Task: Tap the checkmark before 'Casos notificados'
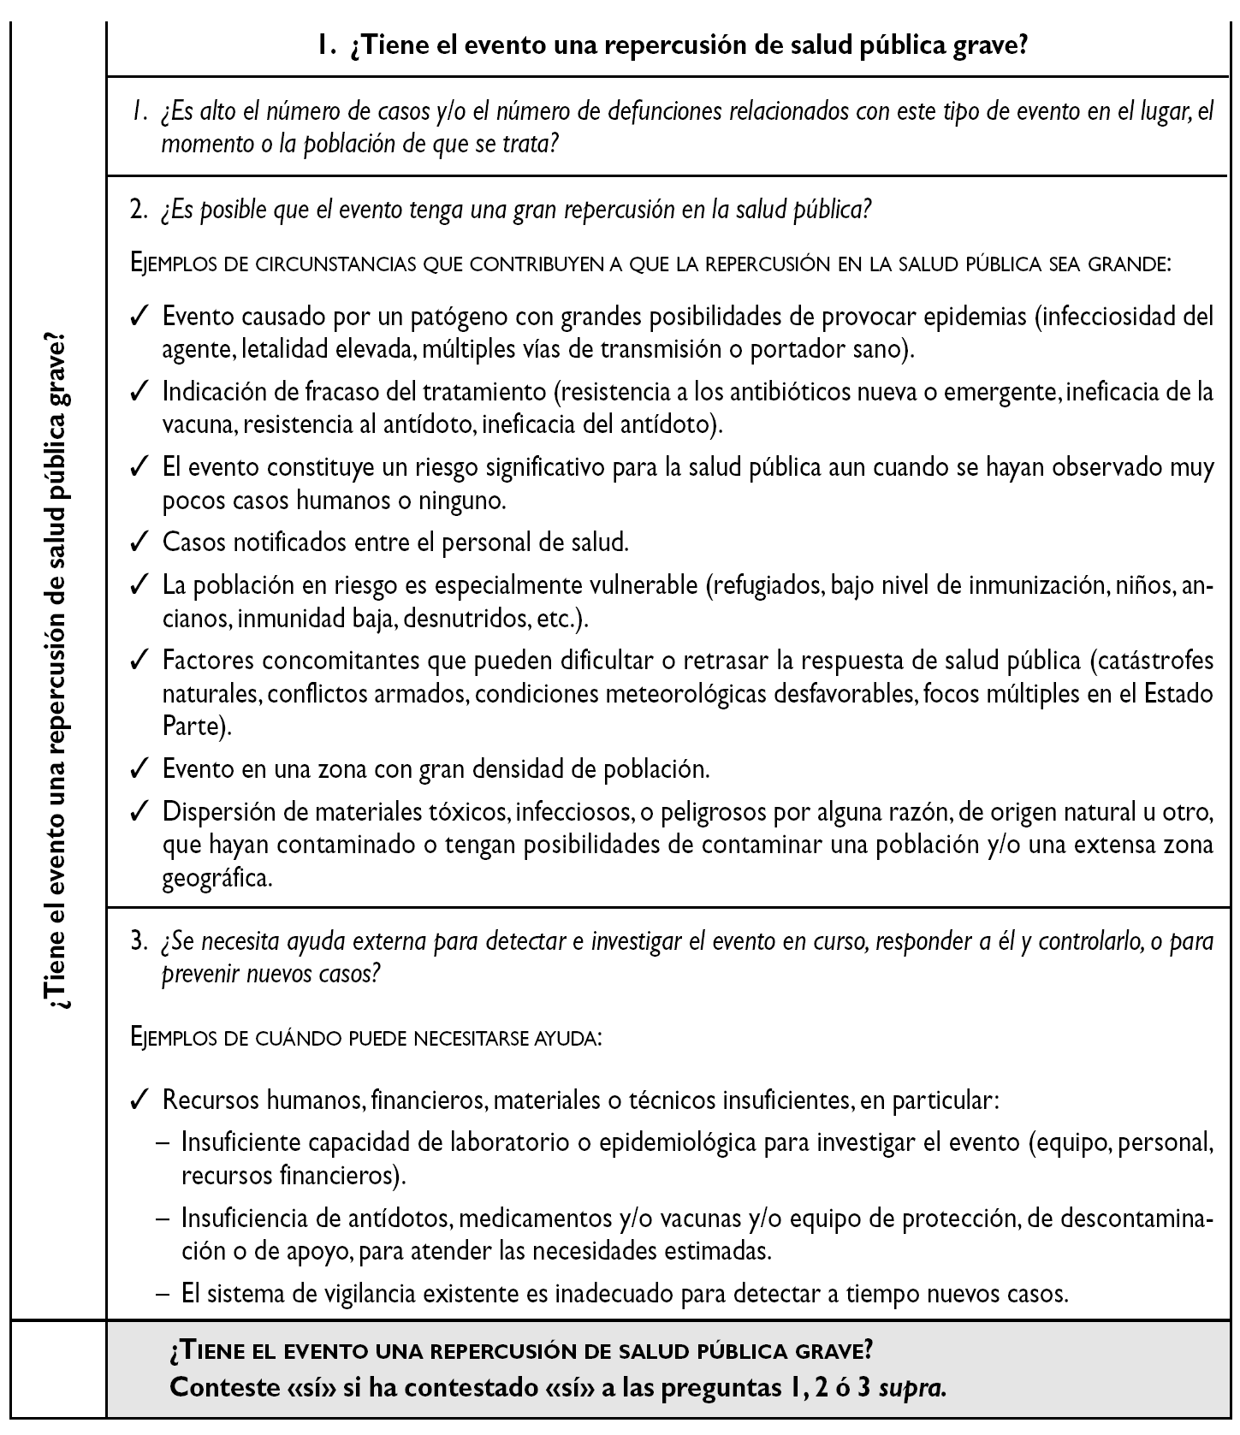[x=140, y=543]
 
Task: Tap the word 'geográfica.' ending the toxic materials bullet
[x=217, y=878]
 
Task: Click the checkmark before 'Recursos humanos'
[x=140, y=1100]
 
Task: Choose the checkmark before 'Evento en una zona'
[x=140, y=768]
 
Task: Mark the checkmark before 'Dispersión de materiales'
[x=140, y=810]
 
